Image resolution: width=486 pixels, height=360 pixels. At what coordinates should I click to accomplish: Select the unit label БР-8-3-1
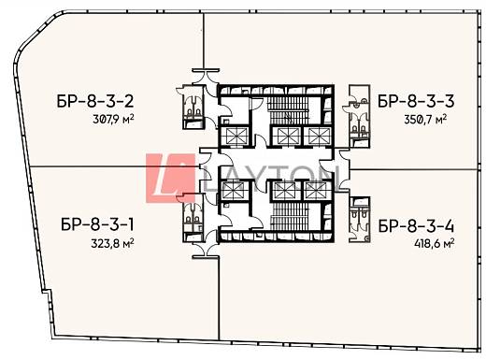[99, 225]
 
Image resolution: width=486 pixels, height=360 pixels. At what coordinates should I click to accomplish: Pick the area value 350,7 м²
[425, 120]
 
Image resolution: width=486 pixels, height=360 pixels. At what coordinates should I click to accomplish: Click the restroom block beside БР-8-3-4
[359, 215]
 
